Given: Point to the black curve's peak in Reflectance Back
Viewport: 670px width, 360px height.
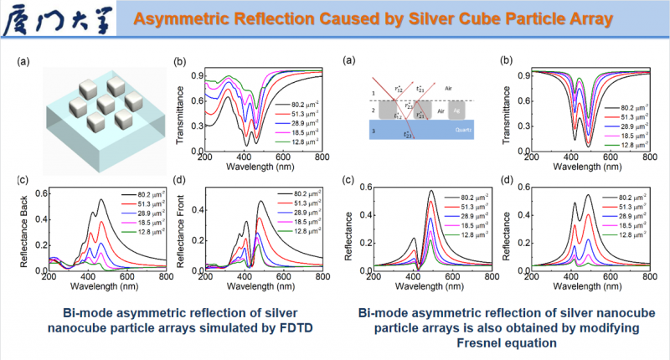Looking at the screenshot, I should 101,200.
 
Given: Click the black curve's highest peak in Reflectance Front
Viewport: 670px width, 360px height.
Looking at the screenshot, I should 261,201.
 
